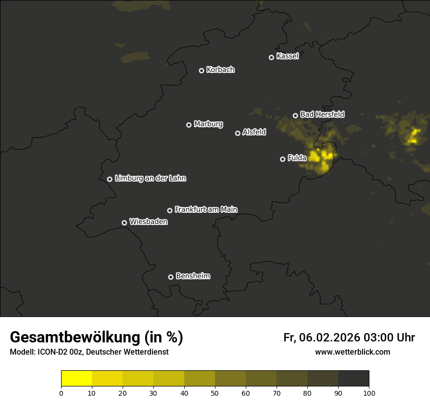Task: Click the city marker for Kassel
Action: pyautogui.click(x=271, y=57)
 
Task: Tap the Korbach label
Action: pyautogui.click(x=220, y=70)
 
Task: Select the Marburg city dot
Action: pyautogui.click(x=189, y=125)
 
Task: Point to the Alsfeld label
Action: pyautogui.click(x=255, y=132)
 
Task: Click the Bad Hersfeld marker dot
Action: pyautogui.click(x=295, y=115)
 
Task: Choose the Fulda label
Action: pyautogui.click(x=297, y=158)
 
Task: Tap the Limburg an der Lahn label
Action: pyautogui.click(x=150, y=179)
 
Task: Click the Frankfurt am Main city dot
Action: pyautogui.click(x=170, y=210)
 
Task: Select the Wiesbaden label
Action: pyautogui.click(x=149, y=222)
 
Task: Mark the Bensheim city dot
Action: pyautogui.click(x=171, y=277)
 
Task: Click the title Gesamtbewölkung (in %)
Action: pyautogui.click(x=96, y=337)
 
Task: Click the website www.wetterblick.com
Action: pyautogui.click(x=352, y=352)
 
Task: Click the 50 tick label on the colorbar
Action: pyautogui.click(x=215, y=393)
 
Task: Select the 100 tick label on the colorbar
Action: pyautogui.click(x=369, y=393)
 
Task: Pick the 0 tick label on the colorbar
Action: pyautogui.click(x=61, y=393)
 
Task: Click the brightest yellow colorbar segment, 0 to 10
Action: pyautogui.click(x=76, y=379)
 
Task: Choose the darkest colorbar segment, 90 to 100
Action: pyautogui.click(x=353, y=379)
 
